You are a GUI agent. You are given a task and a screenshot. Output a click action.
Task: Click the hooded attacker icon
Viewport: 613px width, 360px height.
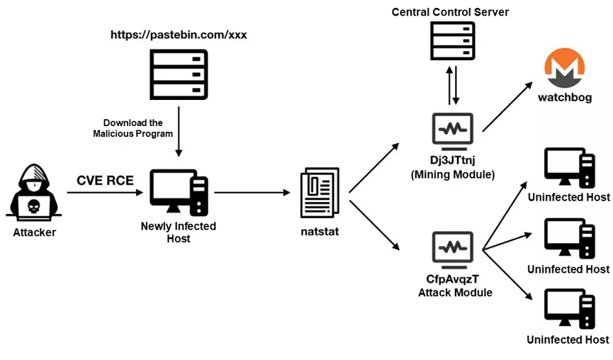point(34,192)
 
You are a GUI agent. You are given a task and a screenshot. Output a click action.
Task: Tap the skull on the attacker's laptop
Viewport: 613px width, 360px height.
point(34,206)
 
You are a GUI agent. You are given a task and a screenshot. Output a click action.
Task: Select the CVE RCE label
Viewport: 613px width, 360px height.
point(105,180)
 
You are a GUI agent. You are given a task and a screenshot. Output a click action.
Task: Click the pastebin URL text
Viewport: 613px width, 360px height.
point(179,35)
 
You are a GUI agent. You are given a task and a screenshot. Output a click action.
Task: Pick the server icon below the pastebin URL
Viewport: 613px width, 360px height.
point(179,74)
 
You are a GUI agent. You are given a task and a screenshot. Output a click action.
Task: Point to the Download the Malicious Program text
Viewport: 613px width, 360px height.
point(133,128)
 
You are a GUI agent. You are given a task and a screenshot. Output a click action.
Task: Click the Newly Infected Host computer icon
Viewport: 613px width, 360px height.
point(179,192)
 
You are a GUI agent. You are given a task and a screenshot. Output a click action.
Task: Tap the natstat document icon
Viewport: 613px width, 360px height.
point(320,192)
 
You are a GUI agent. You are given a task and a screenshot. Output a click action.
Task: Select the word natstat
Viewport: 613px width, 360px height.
point(320,232)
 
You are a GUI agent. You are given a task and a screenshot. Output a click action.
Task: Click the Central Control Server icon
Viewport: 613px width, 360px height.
point(453,40)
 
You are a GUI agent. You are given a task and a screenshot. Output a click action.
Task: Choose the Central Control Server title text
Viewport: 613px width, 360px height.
point(451,12)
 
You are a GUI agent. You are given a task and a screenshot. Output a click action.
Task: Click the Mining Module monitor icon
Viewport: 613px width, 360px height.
point(453,131)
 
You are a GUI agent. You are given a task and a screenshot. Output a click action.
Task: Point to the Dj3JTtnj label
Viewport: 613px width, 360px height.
point(453,160)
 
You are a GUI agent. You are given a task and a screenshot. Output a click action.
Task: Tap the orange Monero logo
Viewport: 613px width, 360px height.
point(565,68)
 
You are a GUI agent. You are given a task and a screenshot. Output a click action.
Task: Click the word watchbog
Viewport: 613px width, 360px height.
point(565,97)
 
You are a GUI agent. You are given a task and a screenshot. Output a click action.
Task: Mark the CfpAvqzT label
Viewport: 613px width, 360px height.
point(452,279)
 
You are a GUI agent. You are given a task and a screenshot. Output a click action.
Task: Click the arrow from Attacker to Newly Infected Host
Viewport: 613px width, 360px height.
point(105,192)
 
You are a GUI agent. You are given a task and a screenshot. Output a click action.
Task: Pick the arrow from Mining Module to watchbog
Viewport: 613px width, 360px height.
point(507,107)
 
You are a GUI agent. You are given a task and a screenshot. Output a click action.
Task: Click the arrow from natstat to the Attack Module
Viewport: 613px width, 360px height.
point(374,225)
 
